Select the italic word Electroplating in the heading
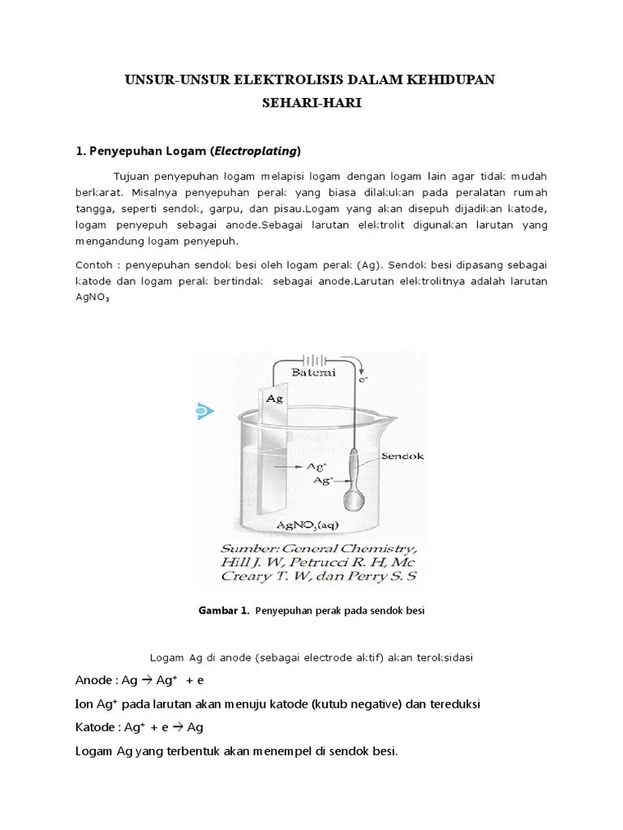[x=256, y=150]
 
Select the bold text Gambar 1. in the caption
[x=223, y=611]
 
